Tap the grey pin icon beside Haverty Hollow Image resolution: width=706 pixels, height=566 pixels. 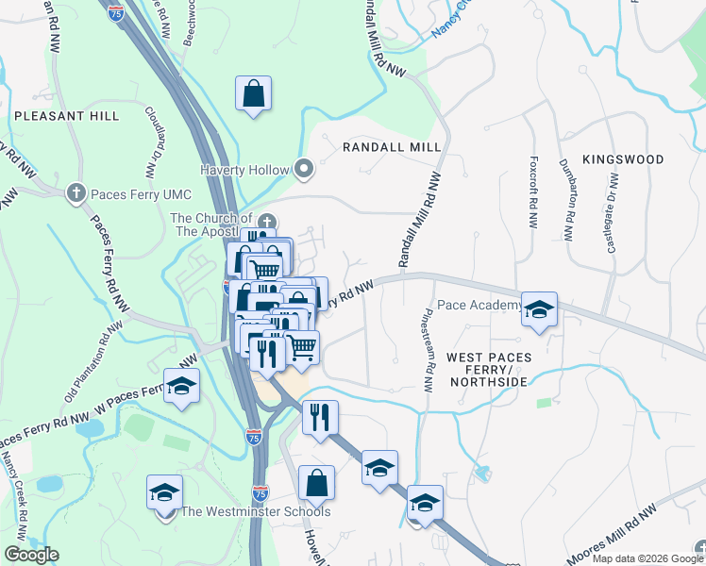[x=304, y=170]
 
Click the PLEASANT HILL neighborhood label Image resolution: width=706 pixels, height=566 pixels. [x=66, y=116]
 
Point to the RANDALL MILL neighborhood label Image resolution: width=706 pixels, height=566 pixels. [x=392, y=148]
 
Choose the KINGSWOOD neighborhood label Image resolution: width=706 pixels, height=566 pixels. [x=623, y=159]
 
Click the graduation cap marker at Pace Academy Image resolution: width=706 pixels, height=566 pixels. [x=539, y=309]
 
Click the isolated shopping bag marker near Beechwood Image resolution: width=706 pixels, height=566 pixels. [x=253, y=93]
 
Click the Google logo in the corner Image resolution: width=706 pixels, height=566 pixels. [x=31, y=555]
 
